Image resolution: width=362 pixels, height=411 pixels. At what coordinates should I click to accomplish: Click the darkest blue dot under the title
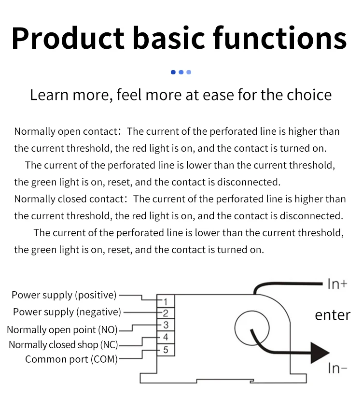pyautogui.click(x=173, y=72)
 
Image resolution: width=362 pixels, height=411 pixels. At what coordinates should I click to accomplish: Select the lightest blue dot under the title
pyautogui.click(x=189, y=72)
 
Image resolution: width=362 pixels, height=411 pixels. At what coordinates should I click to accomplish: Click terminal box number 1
pyautogui.click(x=165, y=302)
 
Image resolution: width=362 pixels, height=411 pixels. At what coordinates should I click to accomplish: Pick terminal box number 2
pyautogui.click(x=165, y=313)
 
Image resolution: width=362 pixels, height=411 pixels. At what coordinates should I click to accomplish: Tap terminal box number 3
pyautogui.click(x=165, y=326)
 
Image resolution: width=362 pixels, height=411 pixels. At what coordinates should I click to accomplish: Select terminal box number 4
pyautogui.click(x=165, y=337)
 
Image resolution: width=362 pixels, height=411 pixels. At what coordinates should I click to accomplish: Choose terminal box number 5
pyautogui.click(x=165, y=349)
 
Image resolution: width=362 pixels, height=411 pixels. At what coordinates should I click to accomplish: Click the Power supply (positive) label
pyautogui.click(x=64, y=295)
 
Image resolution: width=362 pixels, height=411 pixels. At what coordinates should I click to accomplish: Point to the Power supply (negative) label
pyautogui.click(x=67, y=312)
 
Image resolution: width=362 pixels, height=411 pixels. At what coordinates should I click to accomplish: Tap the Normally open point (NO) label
pyautogui.click(x=62, y=330)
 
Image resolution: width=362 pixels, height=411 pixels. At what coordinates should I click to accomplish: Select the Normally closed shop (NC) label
pyautogui.click(x=63, y=345)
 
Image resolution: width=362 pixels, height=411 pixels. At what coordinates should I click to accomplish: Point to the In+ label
pyautogui.click(x=337, y=284)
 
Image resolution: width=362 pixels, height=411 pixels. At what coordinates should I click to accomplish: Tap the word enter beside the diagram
pyautogui.click(x=333, y=315)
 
